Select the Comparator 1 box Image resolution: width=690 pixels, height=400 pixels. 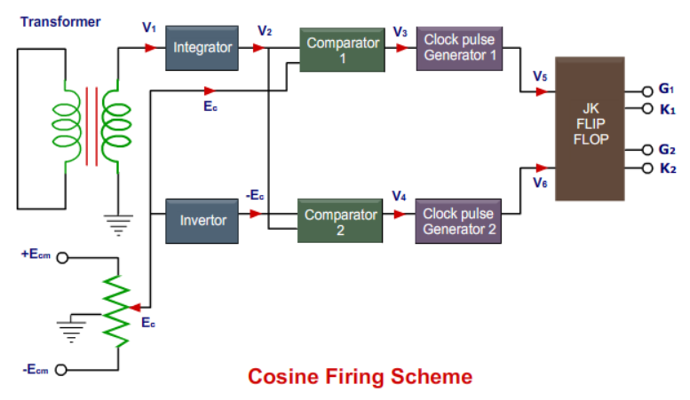tap(342, 50)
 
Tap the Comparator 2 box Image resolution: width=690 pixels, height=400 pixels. tap(341, 222)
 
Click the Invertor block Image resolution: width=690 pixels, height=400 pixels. tap(202, 220)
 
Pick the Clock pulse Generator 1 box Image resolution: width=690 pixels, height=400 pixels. tap(459, 50)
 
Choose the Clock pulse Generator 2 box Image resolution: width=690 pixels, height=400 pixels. tap(459, 222)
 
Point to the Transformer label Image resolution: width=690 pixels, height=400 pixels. tap(60, 21)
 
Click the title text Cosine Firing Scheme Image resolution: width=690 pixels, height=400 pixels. tap(360, 377)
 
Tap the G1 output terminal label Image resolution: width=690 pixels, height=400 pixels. tap(667, 90)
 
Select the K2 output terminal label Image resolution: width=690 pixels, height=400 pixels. tap(668, 168)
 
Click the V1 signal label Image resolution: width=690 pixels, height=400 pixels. tap(148, 27)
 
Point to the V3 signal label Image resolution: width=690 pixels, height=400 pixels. tap(401, 32)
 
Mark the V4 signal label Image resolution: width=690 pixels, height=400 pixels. tap(401, 197)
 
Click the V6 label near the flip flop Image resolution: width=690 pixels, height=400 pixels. tap(540, 182)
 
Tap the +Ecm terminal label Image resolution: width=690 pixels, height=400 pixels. tap(36, 255)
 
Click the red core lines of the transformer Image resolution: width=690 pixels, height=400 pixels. tap(91, 126)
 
